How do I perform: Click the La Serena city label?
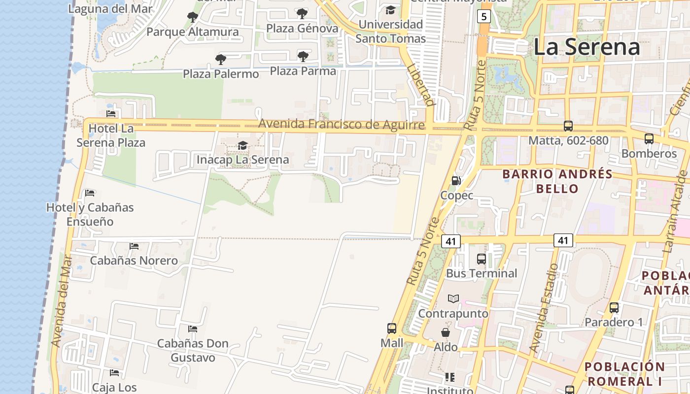(586, 47)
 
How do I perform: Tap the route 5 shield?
(483, 17)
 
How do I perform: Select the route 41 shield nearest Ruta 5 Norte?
(450, 241)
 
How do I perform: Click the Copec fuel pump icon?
(456, 181)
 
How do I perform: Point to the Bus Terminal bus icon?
(482, 259)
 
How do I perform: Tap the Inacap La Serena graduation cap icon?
(242, 145)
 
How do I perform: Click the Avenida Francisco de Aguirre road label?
(341, 124)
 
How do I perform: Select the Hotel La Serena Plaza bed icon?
(111, 114)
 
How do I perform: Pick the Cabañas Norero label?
(134, 261)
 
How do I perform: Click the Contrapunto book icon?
(453, 299)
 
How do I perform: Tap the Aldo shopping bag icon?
(445, 332)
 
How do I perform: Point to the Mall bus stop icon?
(392, 328)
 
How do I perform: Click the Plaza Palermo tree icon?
(221, 60)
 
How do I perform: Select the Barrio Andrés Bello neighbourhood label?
(557, 181)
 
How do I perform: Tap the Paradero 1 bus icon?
(614, 308)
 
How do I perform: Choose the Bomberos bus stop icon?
(649, 139)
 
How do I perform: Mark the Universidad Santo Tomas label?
(390, 31)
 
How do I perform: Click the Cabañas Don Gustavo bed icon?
(193, 328)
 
